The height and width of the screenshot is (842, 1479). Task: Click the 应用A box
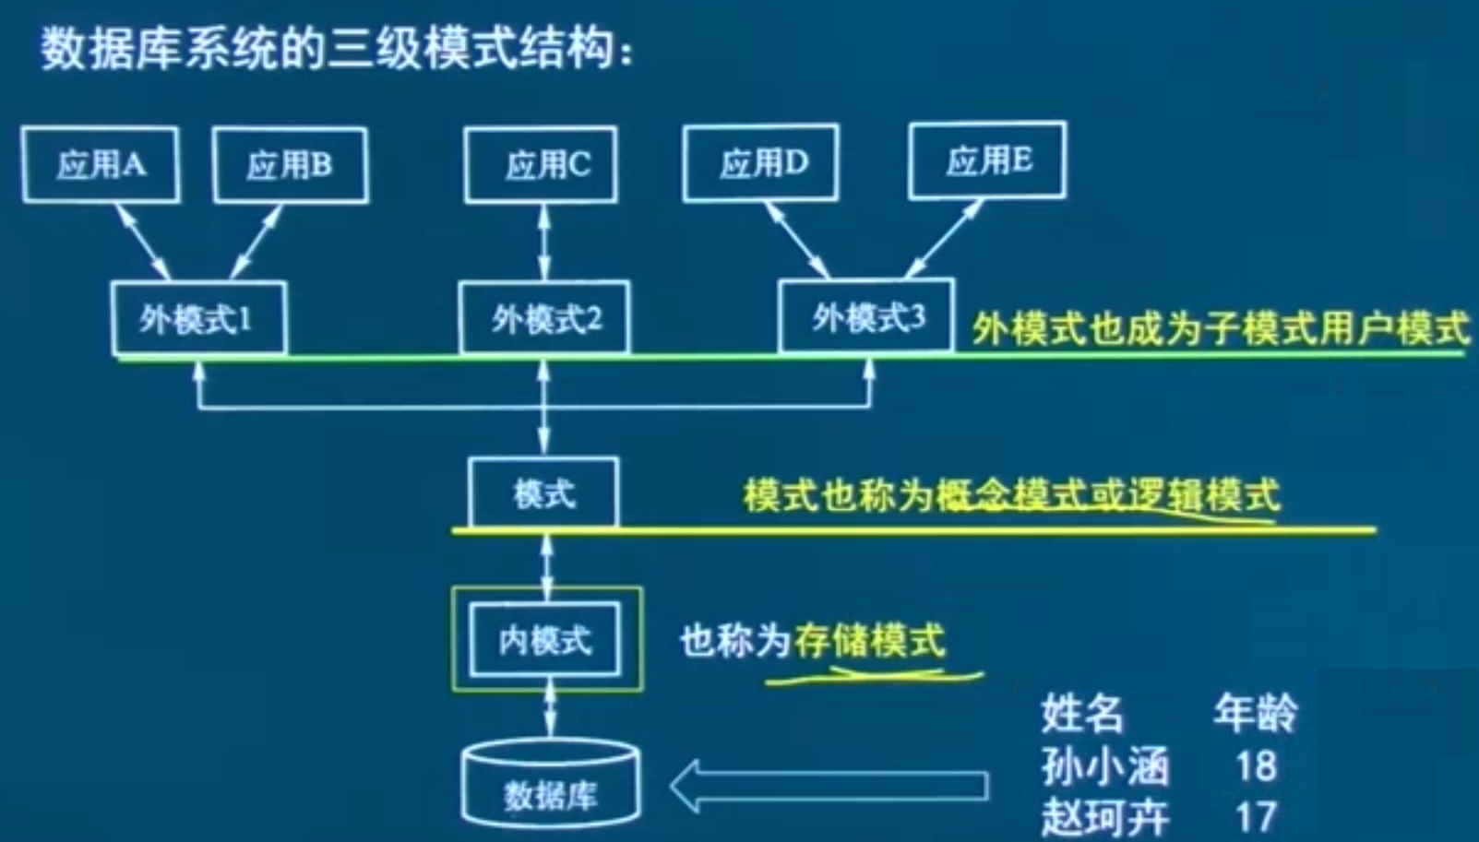click(x=101, y=165)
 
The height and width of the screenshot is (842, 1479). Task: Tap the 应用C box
click(x=542, y=165)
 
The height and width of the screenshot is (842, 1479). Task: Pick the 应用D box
click(x=761, y=163)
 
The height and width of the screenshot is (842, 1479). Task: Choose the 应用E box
click(x=987, y=160)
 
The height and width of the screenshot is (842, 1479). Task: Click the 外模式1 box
click(x=198, y=319)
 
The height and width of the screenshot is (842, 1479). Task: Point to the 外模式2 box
click(x=544, y=319)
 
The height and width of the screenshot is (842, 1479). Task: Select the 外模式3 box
click(x=866, y=317)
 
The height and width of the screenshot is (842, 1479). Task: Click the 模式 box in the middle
click(x=543, y=493)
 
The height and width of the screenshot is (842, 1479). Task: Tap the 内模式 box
click(x=544, y=640)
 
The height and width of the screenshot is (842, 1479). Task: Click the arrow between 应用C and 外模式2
click(x=543, y=242)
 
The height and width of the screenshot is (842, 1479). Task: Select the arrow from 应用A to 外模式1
click(x=142, y=242)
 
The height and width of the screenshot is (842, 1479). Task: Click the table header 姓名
click(x=1081, y=714)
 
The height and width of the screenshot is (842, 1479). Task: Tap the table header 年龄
click(x=1254, y=713)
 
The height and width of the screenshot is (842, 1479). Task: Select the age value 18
click(x=1256, y=765)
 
